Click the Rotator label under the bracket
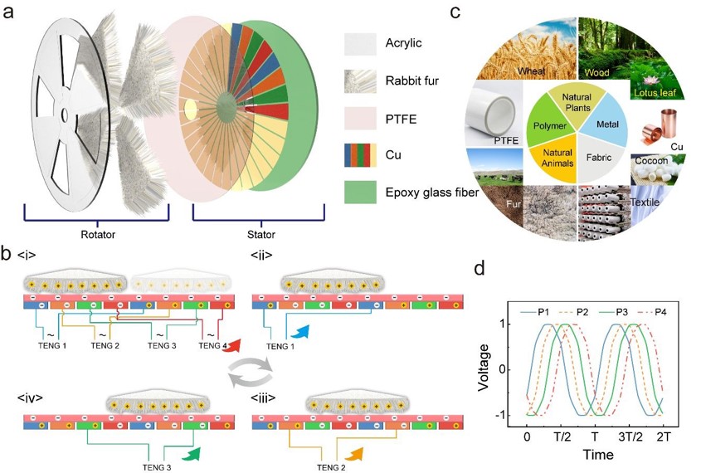point(98,234)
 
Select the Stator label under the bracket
point(261,234)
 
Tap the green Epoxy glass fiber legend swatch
point(360,193)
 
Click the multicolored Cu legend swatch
point(360,155)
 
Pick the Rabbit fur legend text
point(412,81)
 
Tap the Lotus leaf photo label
point(655,93)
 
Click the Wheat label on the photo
point(531,71)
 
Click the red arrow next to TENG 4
point(232,346)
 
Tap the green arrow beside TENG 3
point(192,453)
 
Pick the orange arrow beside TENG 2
point(358,454)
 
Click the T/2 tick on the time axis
point(562,436)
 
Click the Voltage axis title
point(484,368)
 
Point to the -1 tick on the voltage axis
point(504,416)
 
